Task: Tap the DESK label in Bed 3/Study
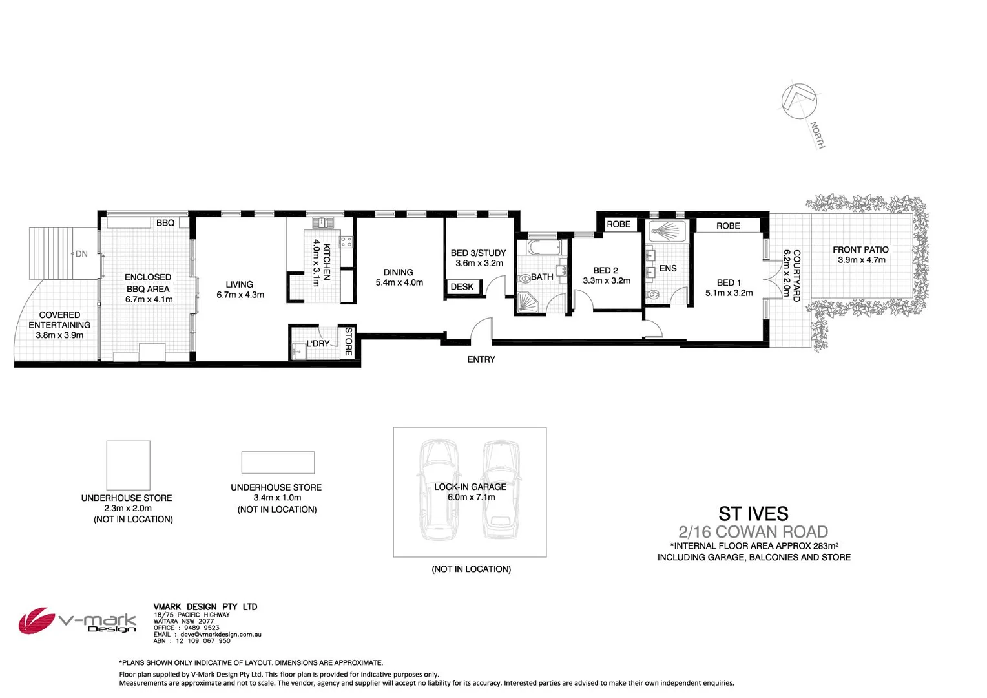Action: tap(462, 287)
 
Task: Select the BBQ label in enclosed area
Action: tap(165, 223)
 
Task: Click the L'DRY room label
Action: tap(318, 344)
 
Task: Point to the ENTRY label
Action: tap(481, 359)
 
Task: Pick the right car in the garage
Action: tap(501, 489)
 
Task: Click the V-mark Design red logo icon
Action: tap(36, 621)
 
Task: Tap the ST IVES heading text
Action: tap(753, 514)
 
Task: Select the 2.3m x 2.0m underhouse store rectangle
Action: tap(128, 465)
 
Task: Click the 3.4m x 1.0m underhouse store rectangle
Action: tap(278, 463)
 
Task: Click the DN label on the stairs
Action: tap(81, 254)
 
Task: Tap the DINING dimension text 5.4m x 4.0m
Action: tap(399, 282)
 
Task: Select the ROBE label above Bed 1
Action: tap(728, 226)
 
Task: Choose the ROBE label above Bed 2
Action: tap(618, 224)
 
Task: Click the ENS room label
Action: tap(668, 268)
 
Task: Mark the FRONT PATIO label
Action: tap(860, 249)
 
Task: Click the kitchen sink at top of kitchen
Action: tap(323, 223)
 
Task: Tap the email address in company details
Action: tap(220, 635)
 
